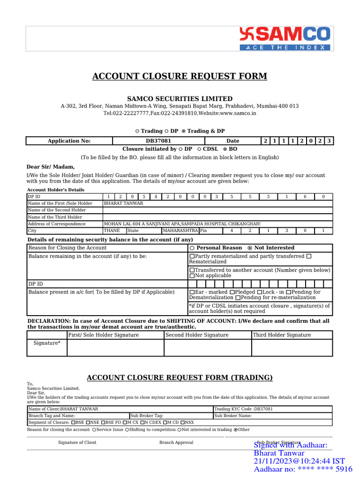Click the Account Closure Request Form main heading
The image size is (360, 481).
click(180, 76)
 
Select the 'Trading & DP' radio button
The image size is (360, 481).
click(184, 131)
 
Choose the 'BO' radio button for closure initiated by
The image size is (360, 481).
click(225, 148)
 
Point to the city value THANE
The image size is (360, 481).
click(112, 231)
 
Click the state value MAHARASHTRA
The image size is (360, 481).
click(180, 231)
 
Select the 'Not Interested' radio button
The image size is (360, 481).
click(250, 248)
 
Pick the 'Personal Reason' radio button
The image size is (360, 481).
click(193, 248)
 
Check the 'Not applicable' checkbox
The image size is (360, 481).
click(192, 276)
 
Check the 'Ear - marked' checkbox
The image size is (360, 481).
click(192, 292)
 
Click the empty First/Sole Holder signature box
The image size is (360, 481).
click(115, 348)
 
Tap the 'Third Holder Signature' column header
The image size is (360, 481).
click(282, 335)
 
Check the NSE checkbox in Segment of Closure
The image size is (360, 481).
click(88, 422)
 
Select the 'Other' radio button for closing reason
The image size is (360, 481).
click(235, 429)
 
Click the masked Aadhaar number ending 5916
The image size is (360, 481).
click(303, 469)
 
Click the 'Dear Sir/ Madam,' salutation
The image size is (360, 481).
click(50, 166)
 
